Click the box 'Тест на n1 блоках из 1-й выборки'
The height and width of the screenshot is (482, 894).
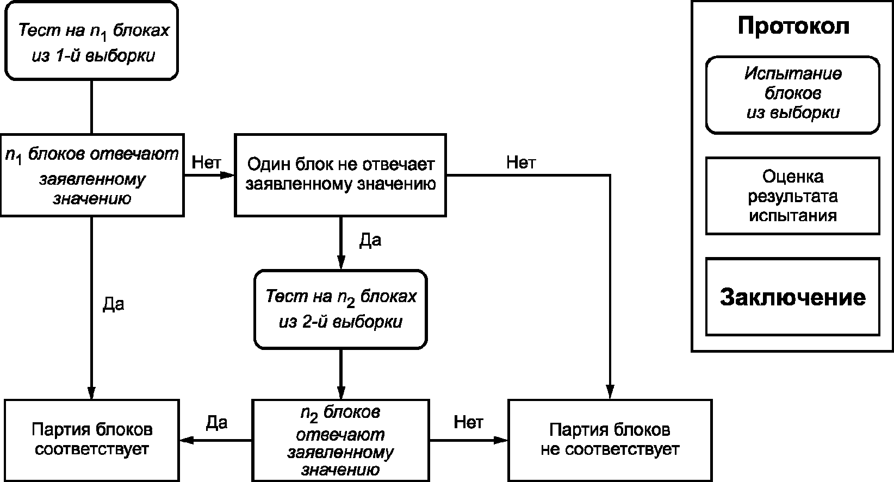[91, 41]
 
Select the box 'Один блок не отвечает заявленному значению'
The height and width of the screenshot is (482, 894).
[340, 175]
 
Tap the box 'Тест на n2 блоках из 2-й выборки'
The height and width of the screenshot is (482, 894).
[340, 309]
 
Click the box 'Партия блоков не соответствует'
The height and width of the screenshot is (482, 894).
[610, 440]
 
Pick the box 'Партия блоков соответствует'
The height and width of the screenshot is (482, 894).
[92, 440]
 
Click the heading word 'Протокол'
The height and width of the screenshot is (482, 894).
[793, 26]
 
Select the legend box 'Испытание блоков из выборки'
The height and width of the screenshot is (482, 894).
[793, 95]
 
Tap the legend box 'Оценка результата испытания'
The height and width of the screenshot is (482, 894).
[793, 196]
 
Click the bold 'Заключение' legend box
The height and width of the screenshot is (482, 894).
[793, 297]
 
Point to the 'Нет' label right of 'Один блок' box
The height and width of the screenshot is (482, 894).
[521, 162]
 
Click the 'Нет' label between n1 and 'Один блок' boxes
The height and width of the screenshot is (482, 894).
[206, 162]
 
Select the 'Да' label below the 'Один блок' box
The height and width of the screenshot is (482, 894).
[370, 240]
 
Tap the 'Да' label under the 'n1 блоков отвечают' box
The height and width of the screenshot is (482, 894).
[113, 304]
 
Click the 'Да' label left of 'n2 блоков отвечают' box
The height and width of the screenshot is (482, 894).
[216, 423]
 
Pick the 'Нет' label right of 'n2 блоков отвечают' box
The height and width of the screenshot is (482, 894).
[468, 422]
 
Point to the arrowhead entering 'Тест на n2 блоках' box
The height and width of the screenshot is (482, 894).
[341, 262]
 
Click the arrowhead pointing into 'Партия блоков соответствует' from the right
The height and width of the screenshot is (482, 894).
[187, 440]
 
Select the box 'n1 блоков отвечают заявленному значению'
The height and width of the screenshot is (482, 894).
[92, 175]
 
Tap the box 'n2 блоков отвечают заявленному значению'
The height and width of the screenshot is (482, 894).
[340, 440]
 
